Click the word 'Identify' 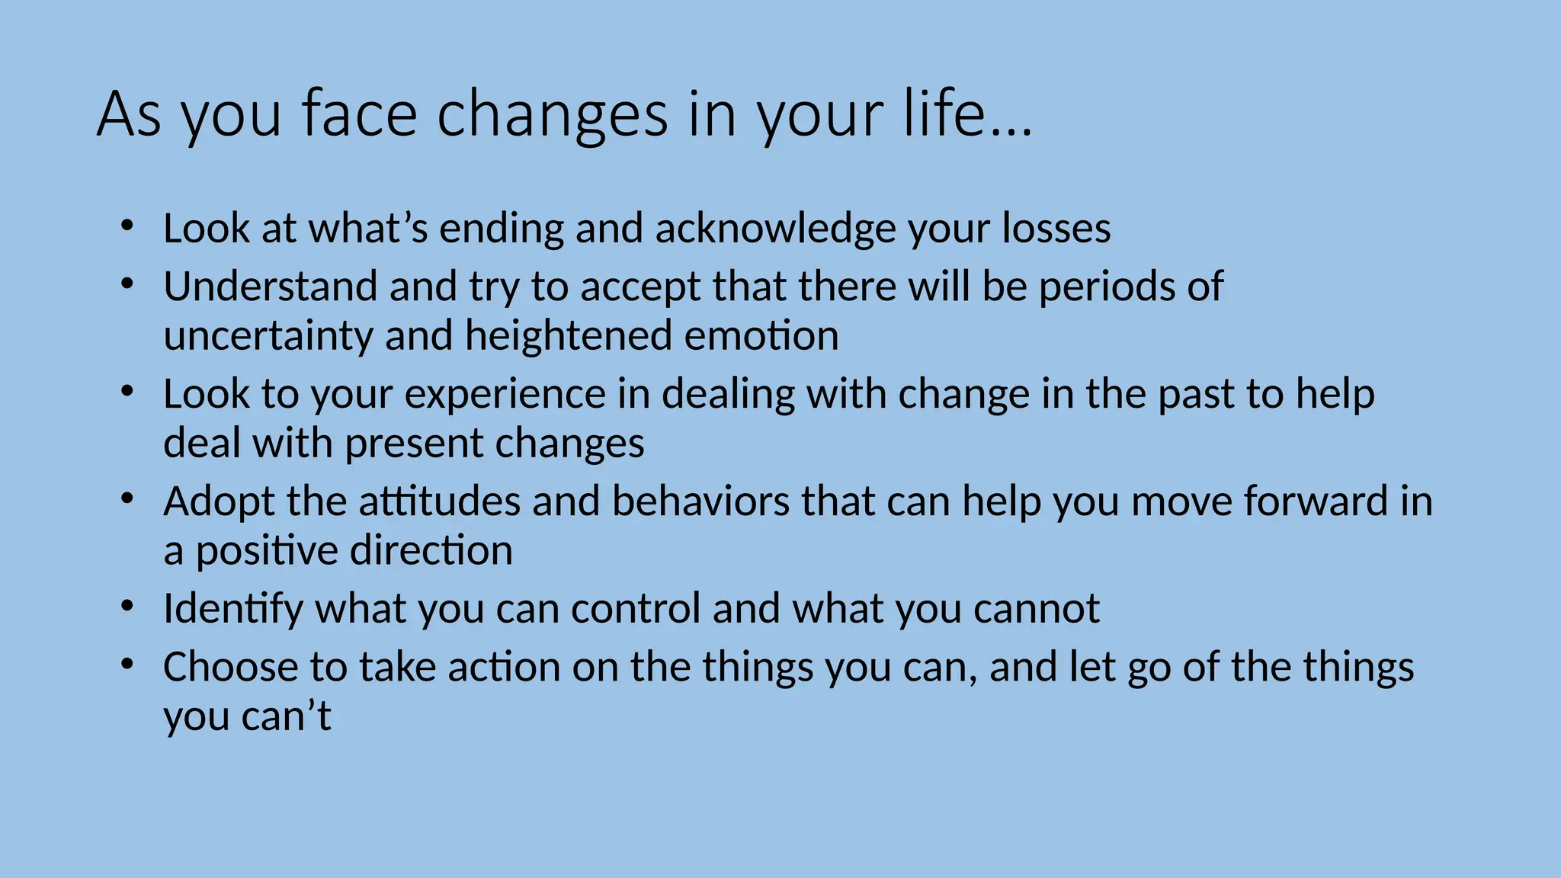[x=232, y=609]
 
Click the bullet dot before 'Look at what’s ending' [x=127, y=226]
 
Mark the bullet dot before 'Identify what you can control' [x=127, y=607]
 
